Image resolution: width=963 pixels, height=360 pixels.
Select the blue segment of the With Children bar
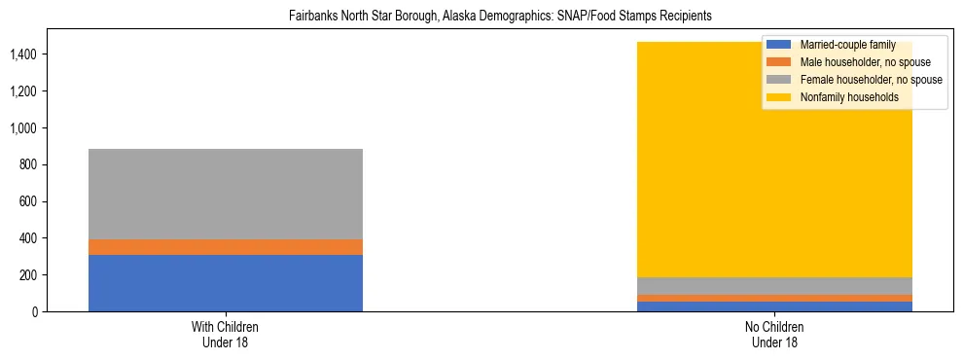(225, 282)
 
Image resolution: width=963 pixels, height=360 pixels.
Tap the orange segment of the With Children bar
(225, 247)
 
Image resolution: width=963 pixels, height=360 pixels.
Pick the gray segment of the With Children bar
(225, 194)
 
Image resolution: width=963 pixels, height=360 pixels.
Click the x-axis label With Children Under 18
(225, 335)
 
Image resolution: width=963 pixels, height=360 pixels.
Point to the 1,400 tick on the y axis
(23, 54)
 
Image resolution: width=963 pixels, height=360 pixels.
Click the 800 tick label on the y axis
(29, 164)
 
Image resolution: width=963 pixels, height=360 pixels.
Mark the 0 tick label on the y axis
(35, 311)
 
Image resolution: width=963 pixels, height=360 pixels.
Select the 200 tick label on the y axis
(29, 275)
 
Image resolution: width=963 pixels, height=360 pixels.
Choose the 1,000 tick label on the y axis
(23, 127)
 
